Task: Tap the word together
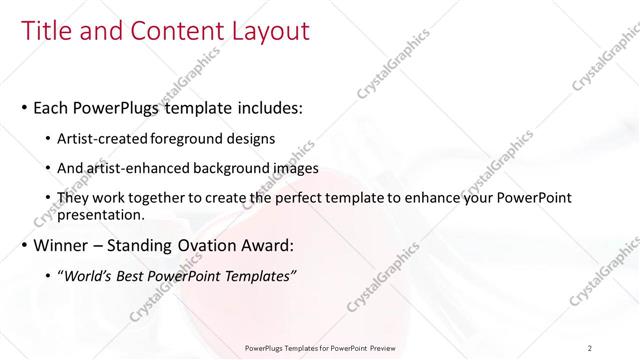coord(167,199)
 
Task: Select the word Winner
coord(64,244)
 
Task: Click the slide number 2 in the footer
coord(590,348)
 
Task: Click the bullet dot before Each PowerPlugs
coord(24,107)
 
